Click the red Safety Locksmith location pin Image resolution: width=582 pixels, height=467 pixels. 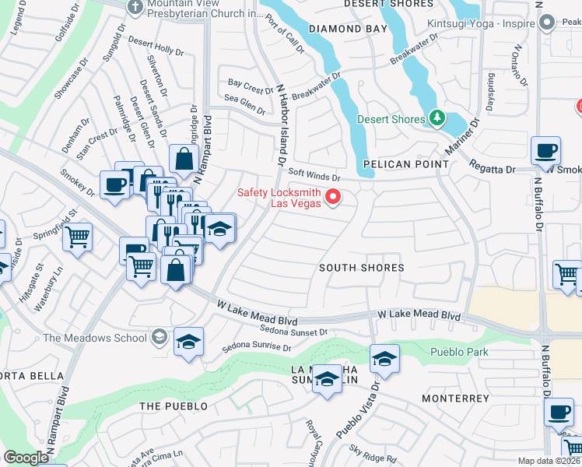click(334, 196)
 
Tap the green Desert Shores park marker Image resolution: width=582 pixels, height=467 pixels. click(437, 118)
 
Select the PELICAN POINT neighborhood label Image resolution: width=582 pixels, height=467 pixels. click(405, 164)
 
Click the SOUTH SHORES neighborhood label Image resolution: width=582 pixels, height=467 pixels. click(362, 268)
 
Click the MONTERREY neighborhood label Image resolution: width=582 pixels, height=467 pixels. click(455, 399)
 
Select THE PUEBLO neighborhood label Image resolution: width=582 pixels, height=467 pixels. click(173, 406)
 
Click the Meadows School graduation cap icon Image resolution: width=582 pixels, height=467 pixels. click(159, 337)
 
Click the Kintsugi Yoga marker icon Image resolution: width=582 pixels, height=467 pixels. click(546, 23)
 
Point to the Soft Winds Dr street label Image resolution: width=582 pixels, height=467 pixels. click(314, 175)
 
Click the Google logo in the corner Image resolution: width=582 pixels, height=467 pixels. click(26, 458)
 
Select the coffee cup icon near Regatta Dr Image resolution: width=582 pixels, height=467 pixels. click(545, 150)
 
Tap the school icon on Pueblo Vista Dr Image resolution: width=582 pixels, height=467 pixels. click(384, 359)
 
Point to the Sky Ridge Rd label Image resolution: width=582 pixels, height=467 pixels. click(372, 452)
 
